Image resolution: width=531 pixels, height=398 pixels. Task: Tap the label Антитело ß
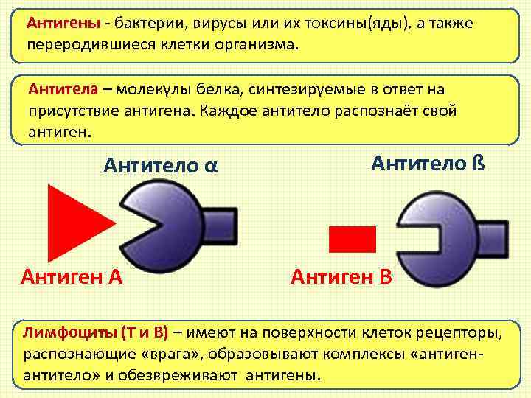point(427,161)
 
